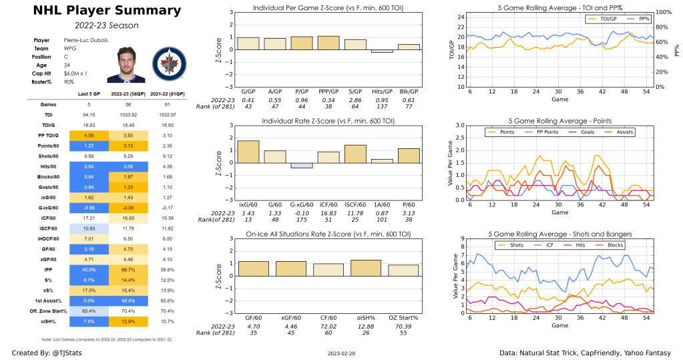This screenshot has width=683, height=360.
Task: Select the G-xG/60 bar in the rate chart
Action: click(x=302, y=166)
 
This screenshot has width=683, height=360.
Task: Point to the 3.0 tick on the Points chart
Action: click(x=459, y=125)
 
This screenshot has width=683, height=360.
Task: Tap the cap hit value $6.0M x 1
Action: click(x=77, y=77)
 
